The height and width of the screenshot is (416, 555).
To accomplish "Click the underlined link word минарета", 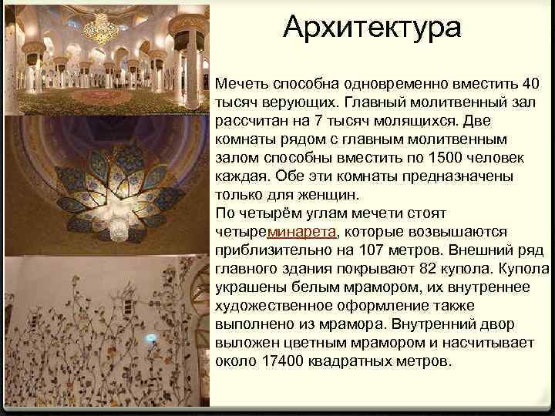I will tap(302, 232).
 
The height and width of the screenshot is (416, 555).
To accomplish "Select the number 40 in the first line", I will tap(530, 83).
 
